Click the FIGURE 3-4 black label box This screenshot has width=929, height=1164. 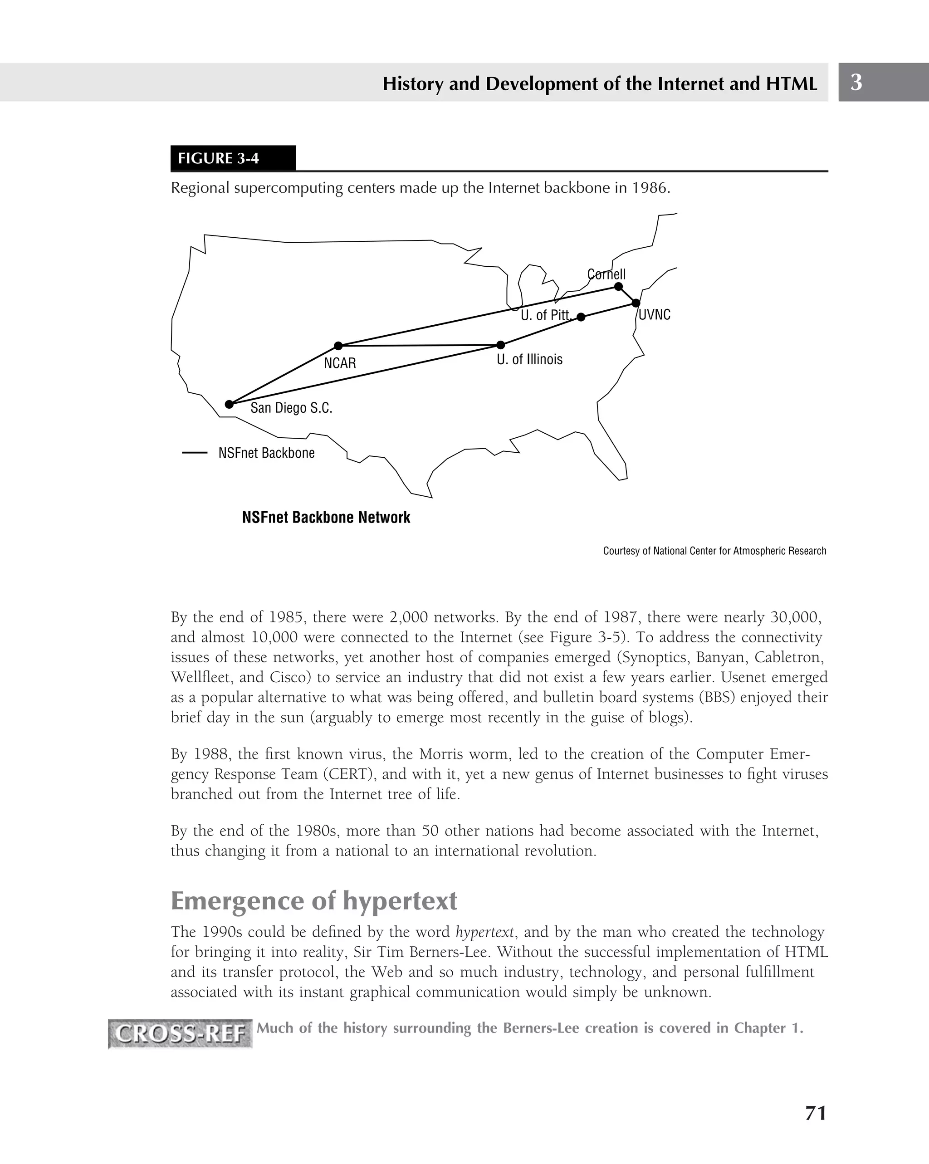click(x=233, y=158)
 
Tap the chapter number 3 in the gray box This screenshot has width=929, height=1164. click(x=856, y=83)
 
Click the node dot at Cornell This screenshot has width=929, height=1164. click(x=619, y=287)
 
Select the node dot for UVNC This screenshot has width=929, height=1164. click(x=636, y=303)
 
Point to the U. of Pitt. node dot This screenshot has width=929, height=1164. click(x=581, y=317)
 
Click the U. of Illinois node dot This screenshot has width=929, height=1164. click(x=500, y=345)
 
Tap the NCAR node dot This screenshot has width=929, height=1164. click(x=338, y=346)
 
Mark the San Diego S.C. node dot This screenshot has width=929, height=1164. click(x=229, y=404)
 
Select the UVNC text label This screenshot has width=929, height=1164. click(x=654, y=315)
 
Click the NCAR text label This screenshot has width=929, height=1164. click(x=340, y=363)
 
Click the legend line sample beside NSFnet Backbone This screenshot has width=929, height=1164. click(x=194, y=453)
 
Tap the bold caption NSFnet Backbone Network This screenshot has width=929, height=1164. click(x=326, y=518)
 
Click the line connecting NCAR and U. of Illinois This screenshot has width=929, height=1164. click(x=419, y=346)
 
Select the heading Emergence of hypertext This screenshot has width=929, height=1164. click(x=313, y=901)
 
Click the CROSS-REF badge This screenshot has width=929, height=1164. click(x=180, y=1034)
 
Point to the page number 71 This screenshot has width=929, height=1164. click(x=815, y=1113)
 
